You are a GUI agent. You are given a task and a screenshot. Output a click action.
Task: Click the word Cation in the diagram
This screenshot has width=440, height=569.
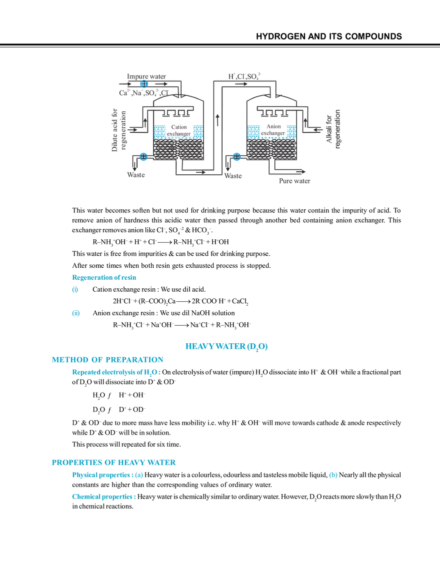[x=178, y=127]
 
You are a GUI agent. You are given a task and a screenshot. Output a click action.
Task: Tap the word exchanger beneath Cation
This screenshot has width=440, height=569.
[x=178, y=134]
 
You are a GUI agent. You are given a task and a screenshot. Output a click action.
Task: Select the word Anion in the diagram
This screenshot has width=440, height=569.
[x=273, y=126]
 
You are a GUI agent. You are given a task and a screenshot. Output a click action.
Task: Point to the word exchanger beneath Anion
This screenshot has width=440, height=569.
[x=273, y=133]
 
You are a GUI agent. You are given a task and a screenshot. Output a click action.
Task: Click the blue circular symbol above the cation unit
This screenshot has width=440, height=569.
[x=144, y=84]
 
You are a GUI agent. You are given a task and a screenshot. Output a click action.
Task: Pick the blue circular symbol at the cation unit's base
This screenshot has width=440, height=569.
[x=144, y=156]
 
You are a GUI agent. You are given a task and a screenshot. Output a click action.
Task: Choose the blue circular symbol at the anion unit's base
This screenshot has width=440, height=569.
[x=236, y=156]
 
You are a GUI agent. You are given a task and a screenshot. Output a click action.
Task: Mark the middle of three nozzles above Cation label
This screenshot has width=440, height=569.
[x=176, y=110]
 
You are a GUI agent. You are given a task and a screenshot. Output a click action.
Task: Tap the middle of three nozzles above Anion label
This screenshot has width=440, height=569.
[x=273, y=110]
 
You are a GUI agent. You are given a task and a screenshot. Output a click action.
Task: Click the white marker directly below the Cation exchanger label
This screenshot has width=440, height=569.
[x=179, y=161]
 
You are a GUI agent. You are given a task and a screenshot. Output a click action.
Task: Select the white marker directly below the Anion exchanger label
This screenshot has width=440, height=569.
[x=272, y=161]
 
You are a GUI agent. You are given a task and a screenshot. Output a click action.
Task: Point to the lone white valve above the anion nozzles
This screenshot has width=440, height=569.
[x=272, y=94]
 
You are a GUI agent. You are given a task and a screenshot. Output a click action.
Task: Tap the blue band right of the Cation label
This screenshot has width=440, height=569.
[x=198, y=131]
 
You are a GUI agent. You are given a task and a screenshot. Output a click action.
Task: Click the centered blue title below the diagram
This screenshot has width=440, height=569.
[x=227, y=346]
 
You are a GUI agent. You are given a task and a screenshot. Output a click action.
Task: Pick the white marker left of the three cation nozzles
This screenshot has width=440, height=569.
[x=154, y=108]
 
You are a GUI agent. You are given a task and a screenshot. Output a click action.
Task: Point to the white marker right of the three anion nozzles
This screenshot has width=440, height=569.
[x=296, y=108]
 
